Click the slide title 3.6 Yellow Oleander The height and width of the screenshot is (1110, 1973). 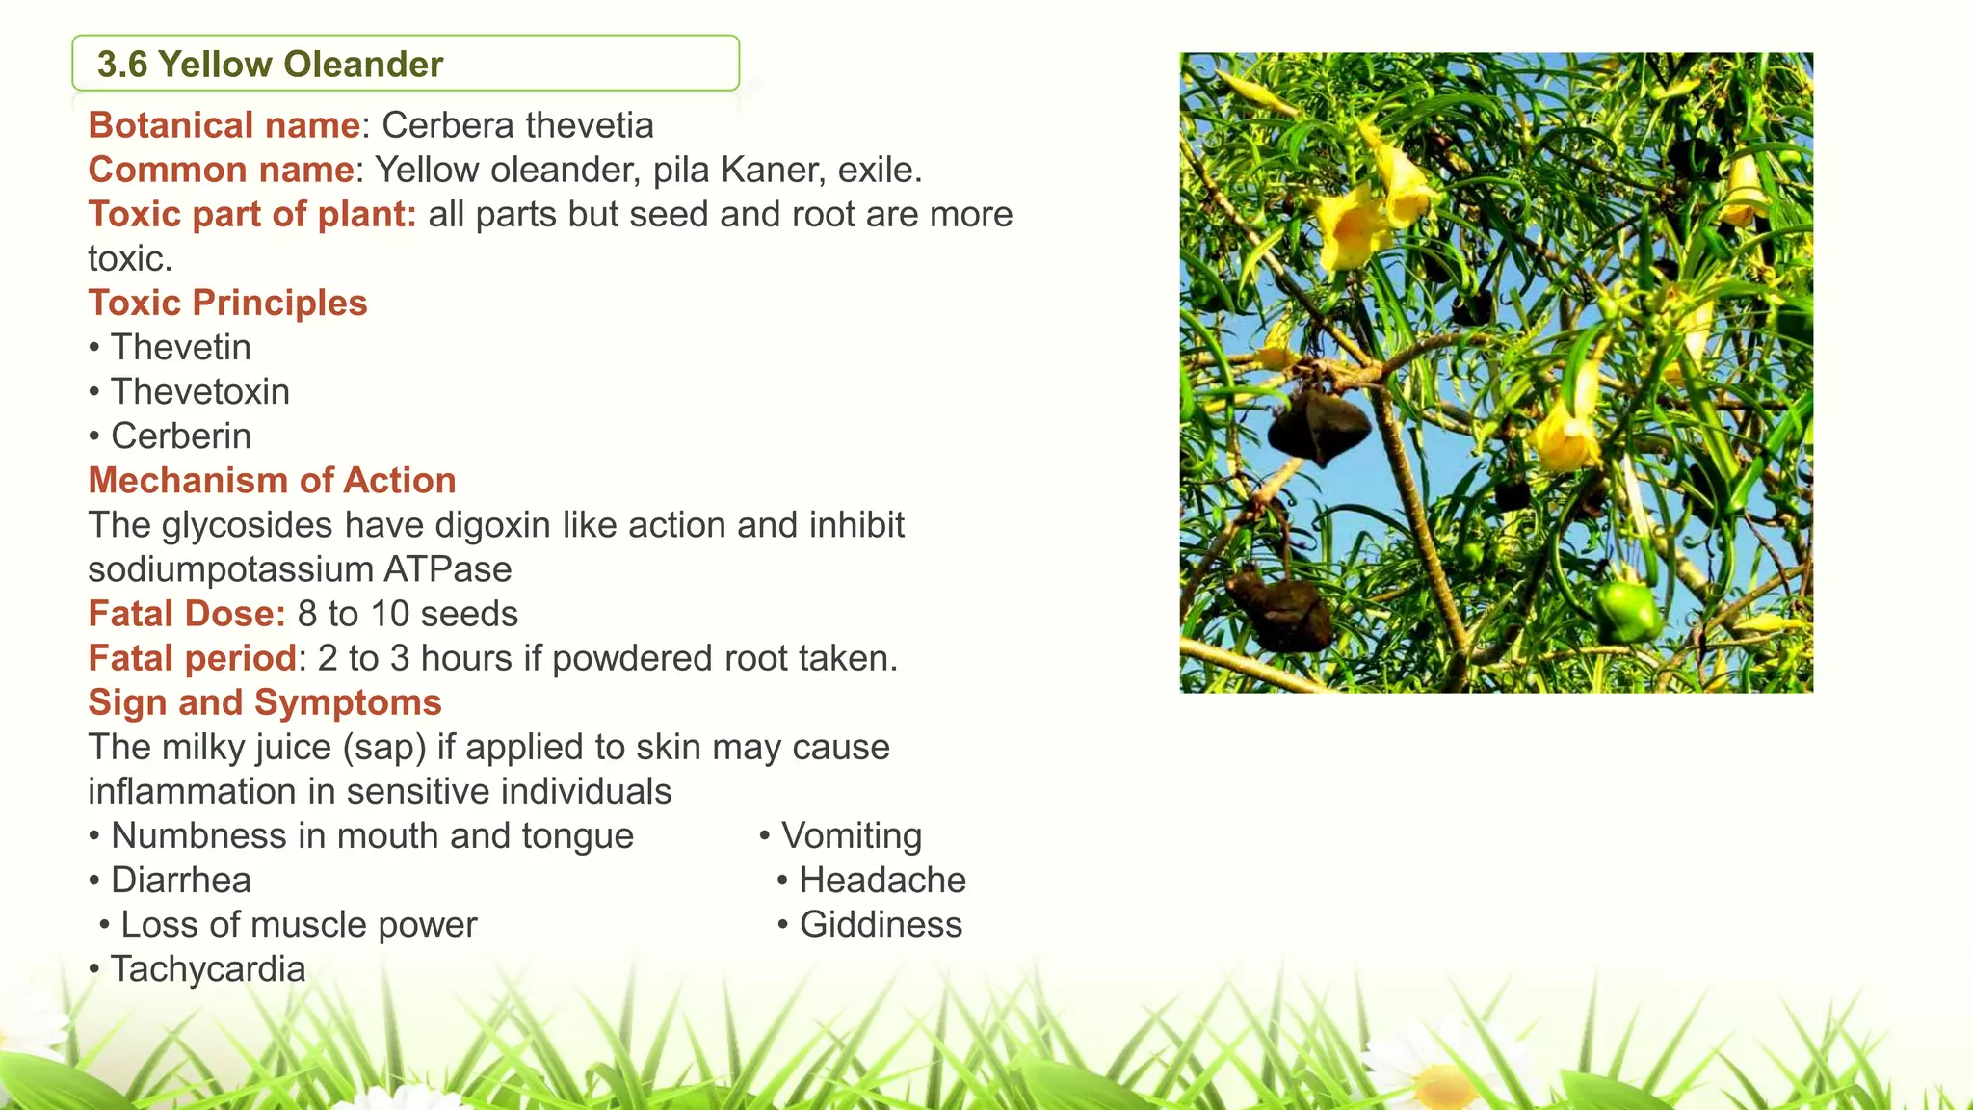270,65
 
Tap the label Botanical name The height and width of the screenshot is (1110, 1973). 224,125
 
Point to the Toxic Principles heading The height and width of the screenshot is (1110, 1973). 227,303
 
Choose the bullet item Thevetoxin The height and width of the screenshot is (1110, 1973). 199,391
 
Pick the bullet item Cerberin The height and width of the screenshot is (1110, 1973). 180,436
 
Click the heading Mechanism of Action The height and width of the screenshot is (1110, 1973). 272,480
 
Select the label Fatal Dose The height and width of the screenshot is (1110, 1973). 186,614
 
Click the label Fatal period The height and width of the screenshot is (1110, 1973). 192,658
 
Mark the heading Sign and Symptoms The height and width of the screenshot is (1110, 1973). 264,702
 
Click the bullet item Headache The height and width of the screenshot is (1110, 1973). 881,880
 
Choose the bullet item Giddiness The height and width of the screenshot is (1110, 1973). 881,924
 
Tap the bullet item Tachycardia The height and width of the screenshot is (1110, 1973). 207,968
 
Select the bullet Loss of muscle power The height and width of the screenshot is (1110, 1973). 298,924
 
